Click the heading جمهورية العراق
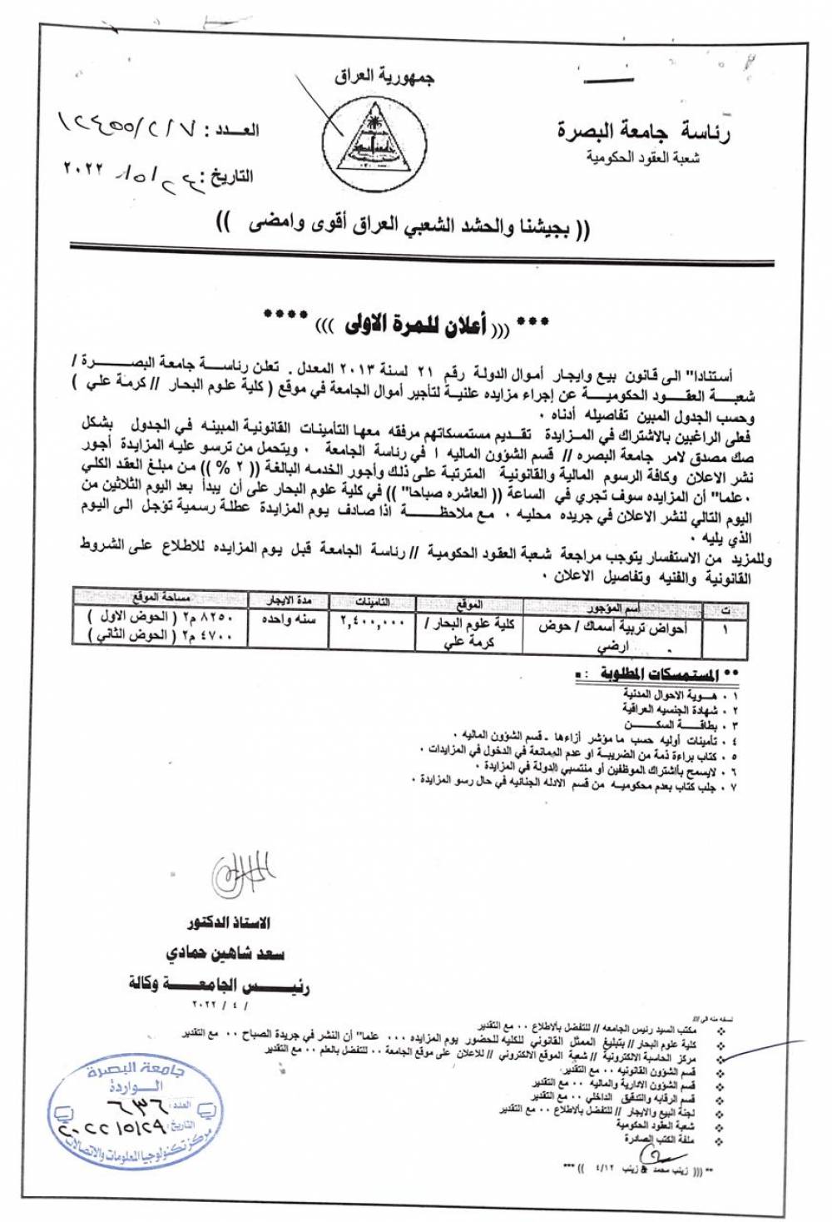point(384,77)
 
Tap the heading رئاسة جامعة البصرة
point(643,130)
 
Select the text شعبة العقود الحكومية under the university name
point(642,156)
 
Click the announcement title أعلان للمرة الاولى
point(406,324)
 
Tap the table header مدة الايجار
point(289,599)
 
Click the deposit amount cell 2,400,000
point(372,621)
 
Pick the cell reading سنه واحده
point(288,620)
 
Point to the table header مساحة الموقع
point(161,596)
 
